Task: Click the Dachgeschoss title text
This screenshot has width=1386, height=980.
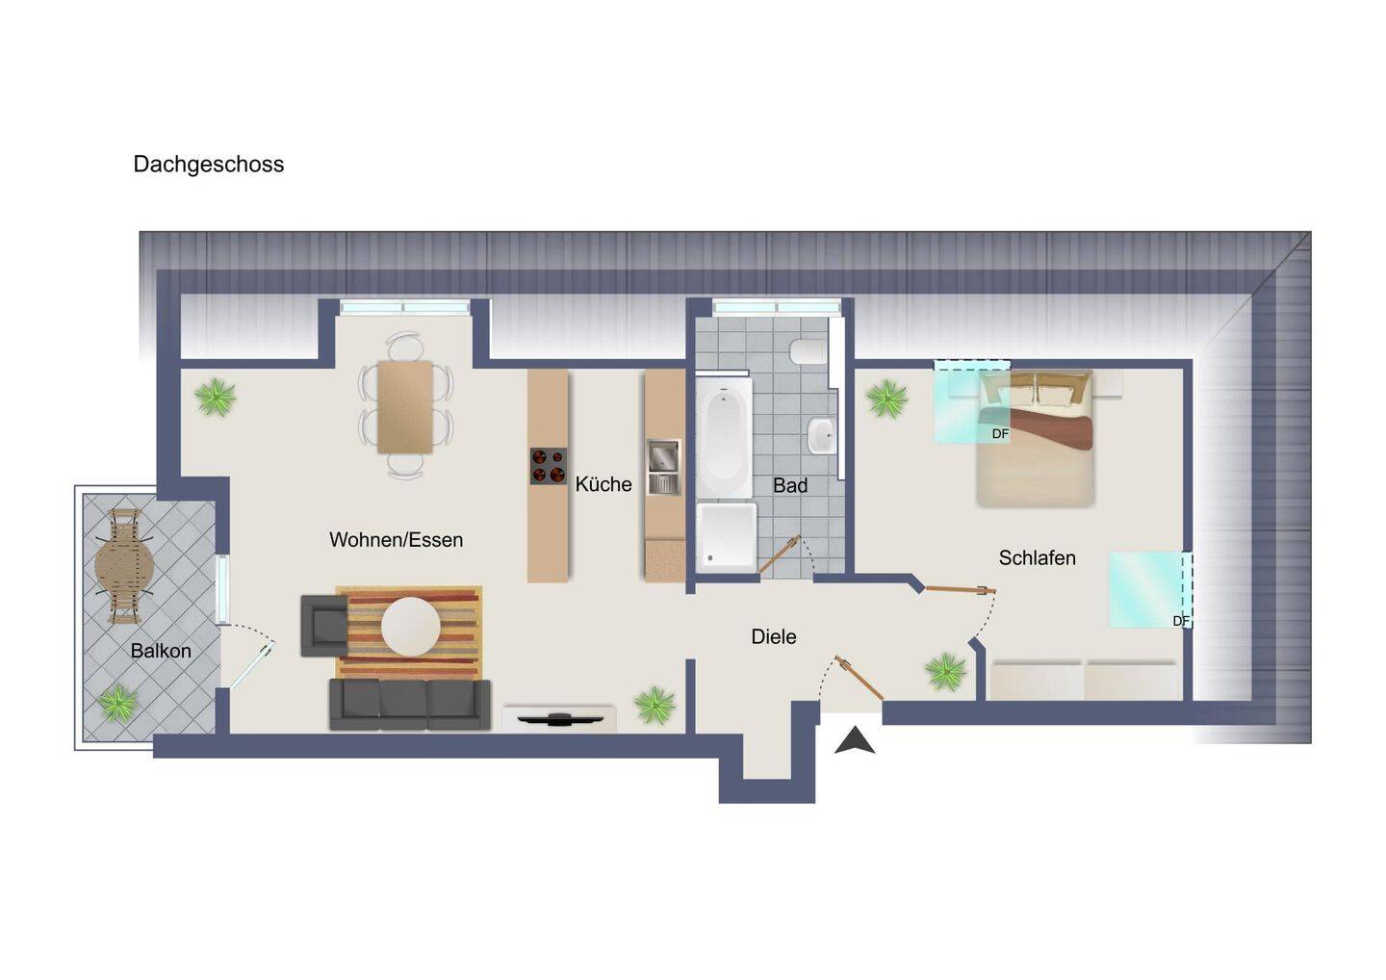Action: coord(209,165)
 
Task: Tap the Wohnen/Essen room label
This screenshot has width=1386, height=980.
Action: coord(396,539)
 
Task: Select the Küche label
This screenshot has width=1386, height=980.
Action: coord(603,484)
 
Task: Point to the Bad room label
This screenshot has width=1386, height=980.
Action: coord(790,485)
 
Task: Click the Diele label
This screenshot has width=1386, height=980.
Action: coord(774,636)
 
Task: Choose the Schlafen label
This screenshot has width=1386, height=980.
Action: coord(1037,558)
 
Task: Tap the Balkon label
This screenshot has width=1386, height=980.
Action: coord(161,651)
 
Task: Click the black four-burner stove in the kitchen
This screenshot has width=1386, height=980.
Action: coord(549,466)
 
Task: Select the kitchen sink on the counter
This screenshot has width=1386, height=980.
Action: coord(663,467)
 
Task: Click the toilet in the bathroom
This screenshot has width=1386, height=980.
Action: coord(808,352)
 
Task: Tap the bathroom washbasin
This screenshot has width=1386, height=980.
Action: coord(822,435)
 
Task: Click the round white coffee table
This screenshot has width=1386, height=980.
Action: coord(410,627)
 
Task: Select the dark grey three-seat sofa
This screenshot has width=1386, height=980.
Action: coord(410,704)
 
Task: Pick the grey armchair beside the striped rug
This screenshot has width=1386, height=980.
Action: coord(323,626)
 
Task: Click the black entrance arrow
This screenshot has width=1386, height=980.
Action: coord(855,740)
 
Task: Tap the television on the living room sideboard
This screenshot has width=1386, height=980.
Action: coord(560,718)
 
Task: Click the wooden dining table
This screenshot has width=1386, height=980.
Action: coord(405,406)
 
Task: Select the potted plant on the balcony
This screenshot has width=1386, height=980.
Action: coord(117,704)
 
